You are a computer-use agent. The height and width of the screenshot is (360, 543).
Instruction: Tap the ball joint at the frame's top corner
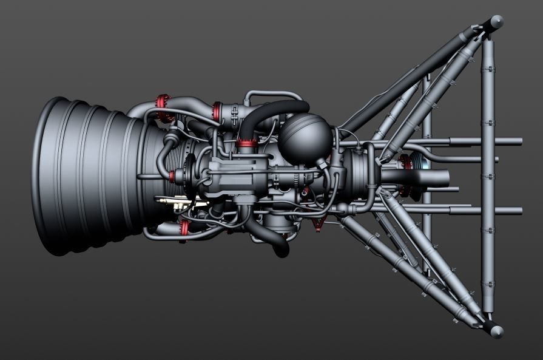[496, 22]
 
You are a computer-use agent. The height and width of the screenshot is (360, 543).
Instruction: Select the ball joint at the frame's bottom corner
[496, 331]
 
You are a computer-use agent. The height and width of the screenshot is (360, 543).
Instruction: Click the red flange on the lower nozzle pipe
[184, 228]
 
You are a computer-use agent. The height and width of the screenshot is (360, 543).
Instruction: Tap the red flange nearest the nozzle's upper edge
[162, 106]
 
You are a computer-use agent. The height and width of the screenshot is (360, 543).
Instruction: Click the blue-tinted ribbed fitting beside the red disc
[417, 164]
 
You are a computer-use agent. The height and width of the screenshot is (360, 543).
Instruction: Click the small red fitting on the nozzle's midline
[172, 177]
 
